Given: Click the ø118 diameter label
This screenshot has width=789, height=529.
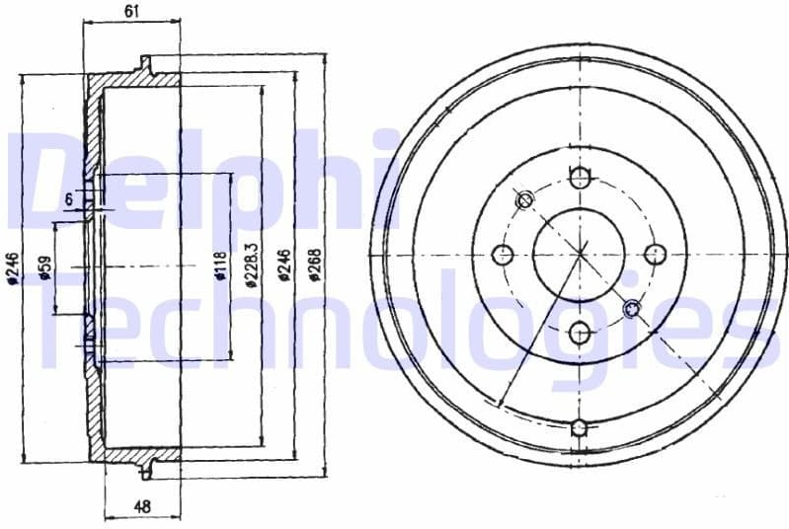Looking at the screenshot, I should click(x=221, y=266).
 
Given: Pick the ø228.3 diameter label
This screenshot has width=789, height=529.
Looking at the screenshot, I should click(x=252, y=264).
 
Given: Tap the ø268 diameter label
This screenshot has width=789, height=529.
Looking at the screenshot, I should click(x=314, y=264).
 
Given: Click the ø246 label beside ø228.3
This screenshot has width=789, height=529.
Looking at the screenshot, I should click(x=283, y=264).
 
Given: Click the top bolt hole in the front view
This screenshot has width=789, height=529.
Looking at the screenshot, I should click(x=580, y=178).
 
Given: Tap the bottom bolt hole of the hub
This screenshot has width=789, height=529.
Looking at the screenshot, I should click(x=580, y=332).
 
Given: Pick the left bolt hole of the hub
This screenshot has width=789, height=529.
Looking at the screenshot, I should click(x=504, y=255).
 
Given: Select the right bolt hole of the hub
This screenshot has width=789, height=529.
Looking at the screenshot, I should click(x=656, y=255).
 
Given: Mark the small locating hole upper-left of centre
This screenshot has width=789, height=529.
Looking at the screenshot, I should click(x=525, y=200).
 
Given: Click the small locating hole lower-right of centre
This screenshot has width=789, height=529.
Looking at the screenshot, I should click(x=633, y=310).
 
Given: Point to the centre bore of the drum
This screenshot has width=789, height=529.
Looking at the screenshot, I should click(x=580, y=255).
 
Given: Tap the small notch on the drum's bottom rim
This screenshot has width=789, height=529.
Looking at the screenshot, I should click(x=580, y=427).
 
